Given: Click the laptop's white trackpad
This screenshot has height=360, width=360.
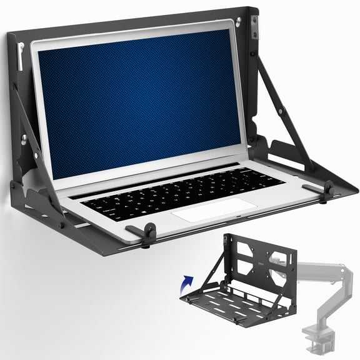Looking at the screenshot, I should (x=212, y=209).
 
